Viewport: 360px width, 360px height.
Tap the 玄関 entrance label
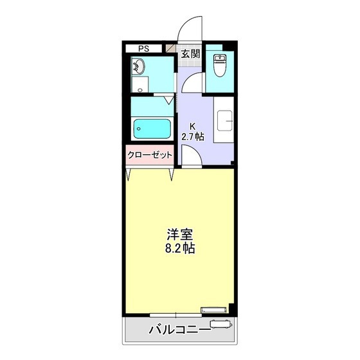189,54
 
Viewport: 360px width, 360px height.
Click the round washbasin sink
139,65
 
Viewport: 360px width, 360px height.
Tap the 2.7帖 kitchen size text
193,136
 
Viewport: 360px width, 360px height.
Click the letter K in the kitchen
192,126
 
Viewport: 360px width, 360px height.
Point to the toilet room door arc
198,81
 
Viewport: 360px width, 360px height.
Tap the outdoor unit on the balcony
217,324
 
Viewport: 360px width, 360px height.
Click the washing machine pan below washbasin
139,85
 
